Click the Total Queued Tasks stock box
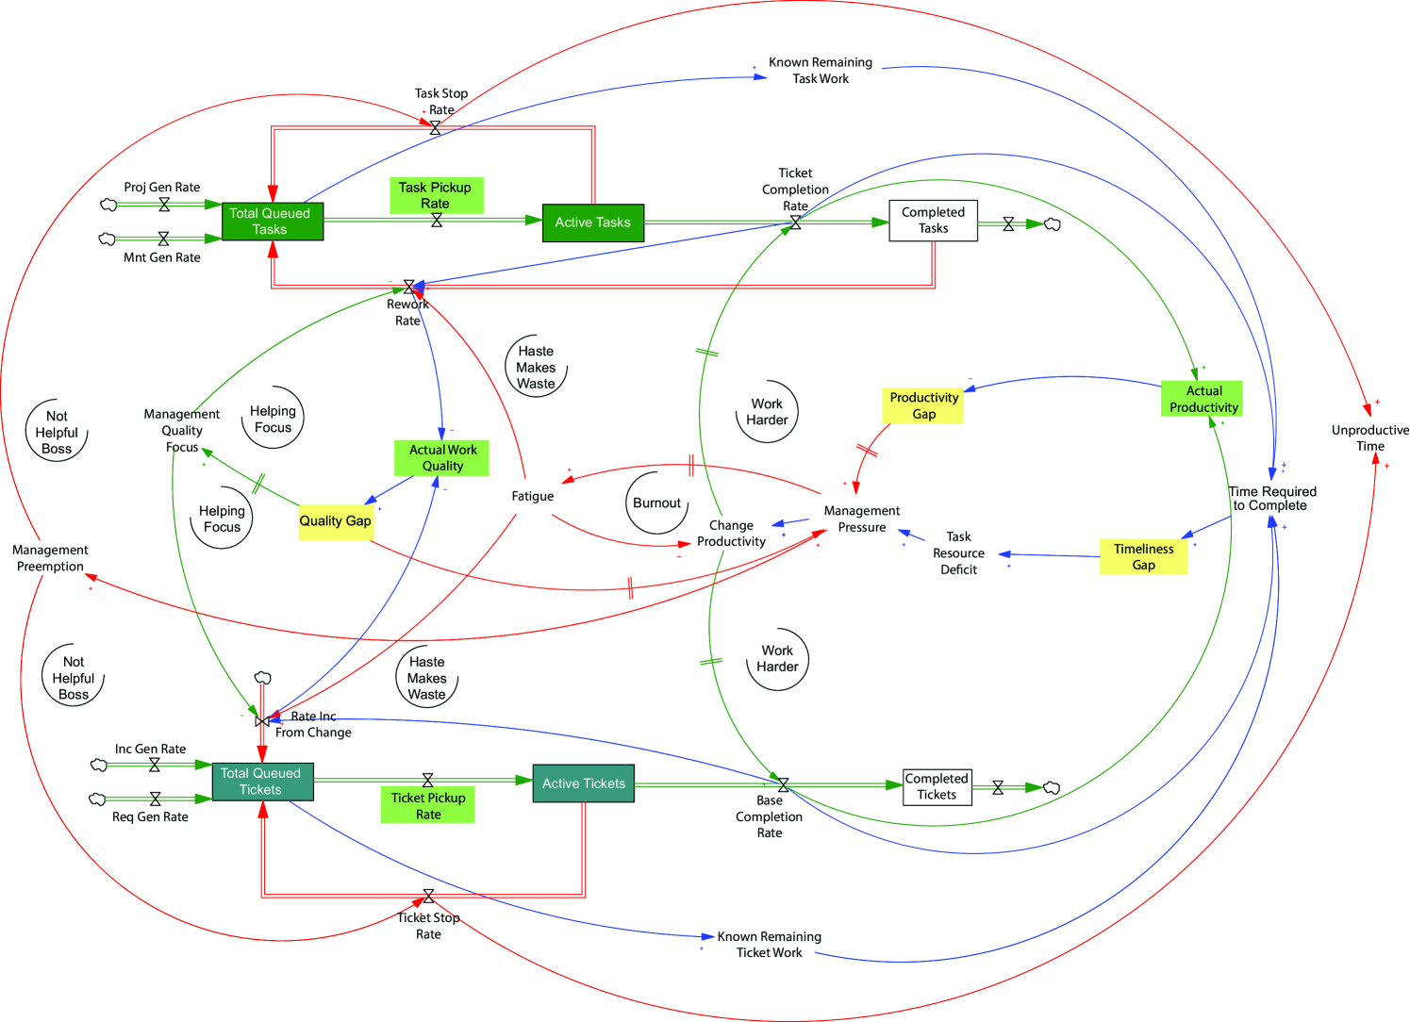point(273,222)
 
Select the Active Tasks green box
point(592,223)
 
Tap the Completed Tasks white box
point(933,221)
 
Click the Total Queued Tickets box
point(262,782)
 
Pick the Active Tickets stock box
point(583,783)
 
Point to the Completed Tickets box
point(937,786)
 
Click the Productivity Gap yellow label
point(923,405)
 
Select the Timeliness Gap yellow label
point(1143,557)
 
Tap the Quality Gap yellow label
point(336,521)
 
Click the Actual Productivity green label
point(1203,399)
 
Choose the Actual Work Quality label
point(442,458)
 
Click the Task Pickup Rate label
point(436,195)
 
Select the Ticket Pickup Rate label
point(428,806)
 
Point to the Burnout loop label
point(656,503)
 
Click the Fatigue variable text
point(533,496)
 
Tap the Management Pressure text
point(861,519)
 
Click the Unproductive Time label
point(1369,438)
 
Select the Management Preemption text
point(50,558)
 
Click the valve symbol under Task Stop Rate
point(435,128)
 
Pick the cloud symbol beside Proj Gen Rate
point(109,205)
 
